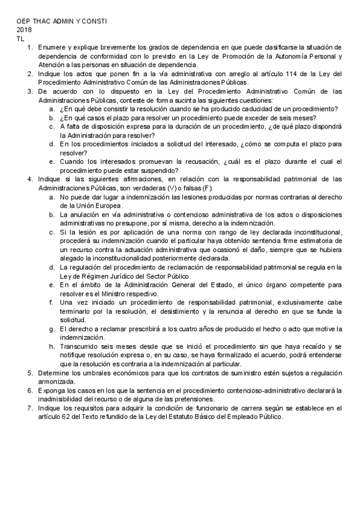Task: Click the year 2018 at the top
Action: coord(25,29)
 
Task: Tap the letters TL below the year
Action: coord(21,38)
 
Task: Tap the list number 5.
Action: coord(30,373)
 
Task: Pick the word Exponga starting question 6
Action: coord(52,390)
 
